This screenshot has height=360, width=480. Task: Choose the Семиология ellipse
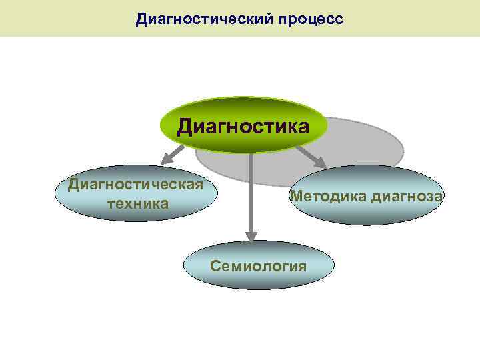point(258,265)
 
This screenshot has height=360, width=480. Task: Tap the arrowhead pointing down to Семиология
point(251,235)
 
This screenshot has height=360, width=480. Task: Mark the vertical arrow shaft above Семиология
point(251,193)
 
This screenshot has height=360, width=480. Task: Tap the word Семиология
point(258,266)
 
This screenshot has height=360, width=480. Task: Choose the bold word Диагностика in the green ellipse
point(243,127)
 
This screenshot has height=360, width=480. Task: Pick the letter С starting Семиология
point(215,266)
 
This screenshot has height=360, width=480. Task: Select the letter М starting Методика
point(295,196)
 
